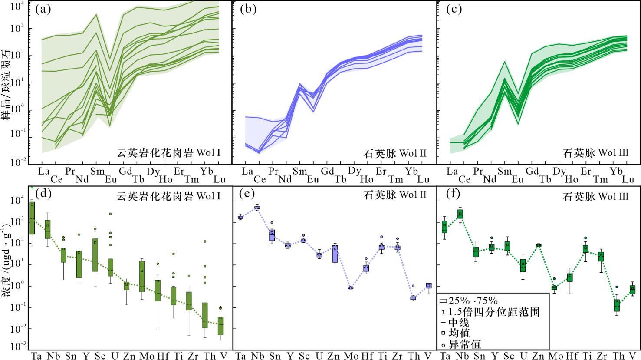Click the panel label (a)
43,9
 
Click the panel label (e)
247,194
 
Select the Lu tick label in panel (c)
628,179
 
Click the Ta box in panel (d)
32,218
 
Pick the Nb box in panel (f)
460,214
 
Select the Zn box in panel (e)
335,254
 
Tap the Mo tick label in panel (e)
351,356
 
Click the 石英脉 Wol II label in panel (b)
395,153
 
